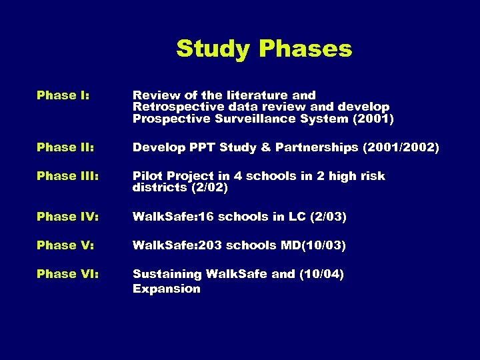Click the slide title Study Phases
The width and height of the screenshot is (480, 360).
pos(264,49)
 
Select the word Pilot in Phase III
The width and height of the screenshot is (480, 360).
pos(146,176)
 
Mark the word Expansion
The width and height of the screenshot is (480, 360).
pos(166,289)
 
